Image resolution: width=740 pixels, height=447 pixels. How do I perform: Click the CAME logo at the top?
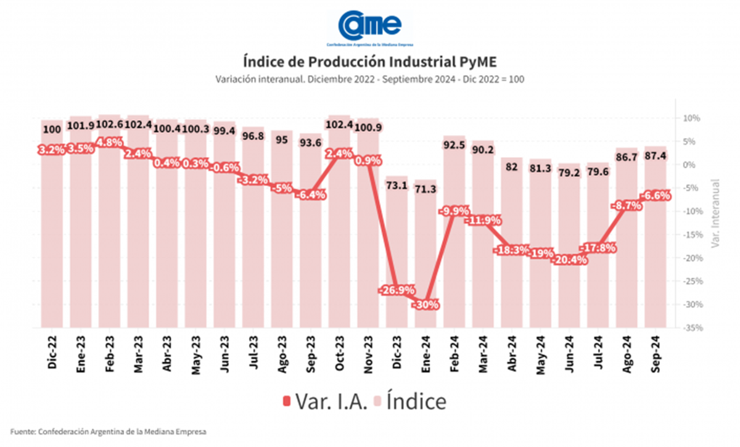pyautogui.click(x=370, y=26)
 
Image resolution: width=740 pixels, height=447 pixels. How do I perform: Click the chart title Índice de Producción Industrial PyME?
pyautogui.click(x=370, y=63)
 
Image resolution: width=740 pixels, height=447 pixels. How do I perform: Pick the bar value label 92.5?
pyautogui.click(x=454, y=146)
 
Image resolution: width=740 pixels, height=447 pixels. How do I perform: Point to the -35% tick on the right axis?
pyautogui.click(x=690, y=329)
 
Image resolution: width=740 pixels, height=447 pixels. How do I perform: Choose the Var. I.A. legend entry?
pyautogui.click(x=326, y=401)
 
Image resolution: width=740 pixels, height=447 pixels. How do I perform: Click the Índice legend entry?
pyautogui.click(x=410, y=401)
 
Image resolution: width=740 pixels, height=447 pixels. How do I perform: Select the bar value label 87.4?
pyautogui.click(x=656, y=157)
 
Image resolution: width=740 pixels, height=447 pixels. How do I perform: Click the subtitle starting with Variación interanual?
pyautogui.click(x=370, y=80)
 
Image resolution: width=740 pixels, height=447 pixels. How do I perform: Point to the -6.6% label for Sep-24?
pyautogui.click(x=656, y=195)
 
